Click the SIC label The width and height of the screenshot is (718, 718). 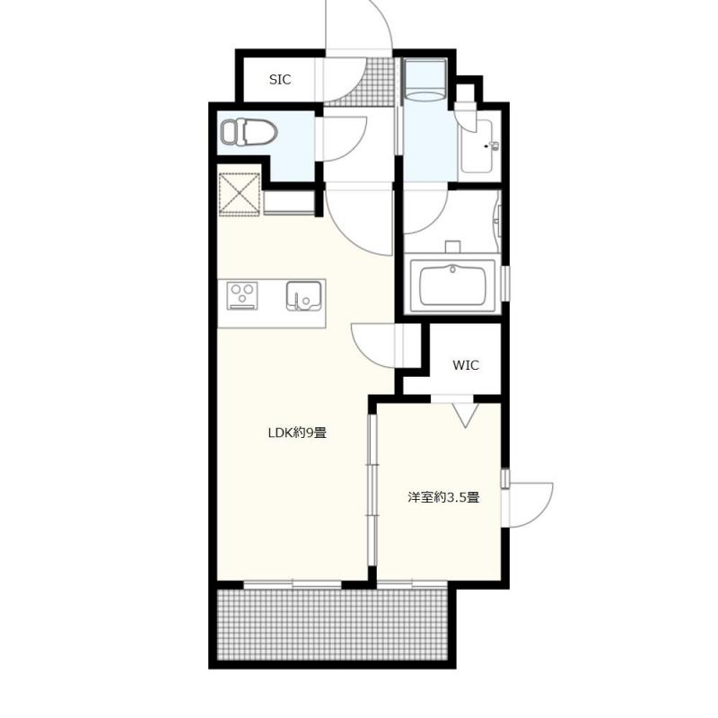[280, 80]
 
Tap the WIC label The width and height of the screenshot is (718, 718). [466, 365]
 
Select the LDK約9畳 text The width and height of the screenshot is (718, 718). [297, 433]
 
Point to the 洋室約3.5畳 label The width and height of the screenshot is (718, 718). [443, 497]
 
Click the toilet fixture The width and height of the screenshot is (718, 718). [250, 132]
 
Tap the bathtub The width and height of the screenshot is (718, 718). [452, 286]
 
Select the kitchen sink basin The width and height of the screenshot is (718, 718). [303, 296]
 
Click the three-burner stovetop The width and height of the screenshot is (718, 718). [242, 296]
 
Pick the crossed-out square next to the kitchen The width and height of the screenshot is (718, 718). [240, 194]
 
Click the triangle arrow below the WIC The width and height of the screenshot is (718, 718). [465, 415]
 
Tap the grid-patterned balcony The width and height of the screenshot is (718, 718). [332, 625]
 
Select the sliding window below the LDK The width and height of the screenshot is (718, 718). [293, 584]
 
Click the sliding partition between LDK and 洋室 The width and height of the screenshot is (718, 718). [372, 490]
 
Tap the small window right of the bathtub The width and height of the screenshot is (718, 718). [505, 284]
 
